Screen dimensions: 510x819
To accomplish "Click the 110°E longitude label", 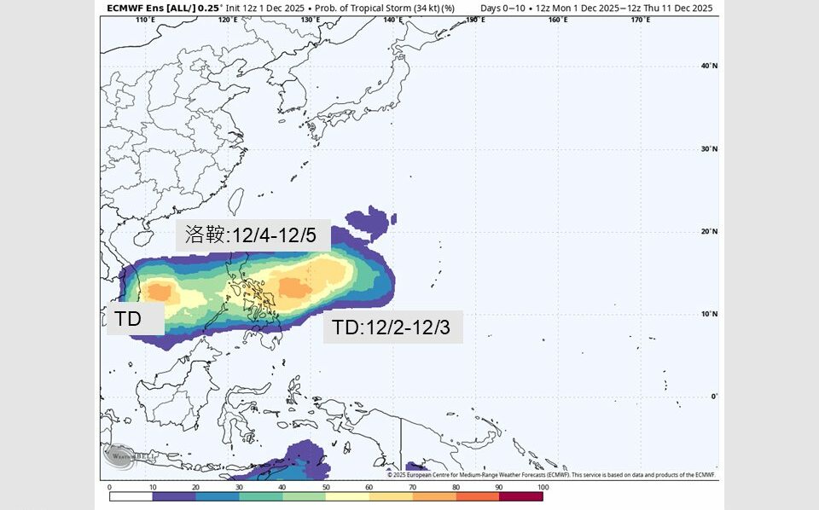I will [147, 20].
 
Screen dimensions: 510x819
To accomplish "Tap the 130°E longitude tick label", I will [311, 20].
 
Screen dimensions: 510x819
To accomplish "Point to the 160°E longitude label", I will [558, 20].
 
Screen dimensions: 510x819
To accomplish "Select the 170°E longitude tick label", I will [641, 20].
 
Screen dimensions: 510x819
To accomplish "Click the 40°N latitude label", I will [708, 66].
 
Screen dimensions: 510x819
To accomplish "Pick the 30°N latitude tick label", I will [708, 148].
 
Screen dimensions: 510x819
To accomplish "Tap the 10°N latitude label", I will [708, 314].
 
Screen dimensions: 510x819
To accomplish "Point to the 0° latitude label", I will [714, 397].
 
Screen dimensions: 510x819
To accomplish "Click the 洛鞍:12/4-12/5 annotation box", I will [253, 235].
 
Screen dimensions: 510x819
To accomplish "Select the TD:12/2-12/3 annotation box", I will [392, 327].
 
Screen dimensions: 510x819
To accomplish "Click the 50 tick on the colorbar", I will [326, 487].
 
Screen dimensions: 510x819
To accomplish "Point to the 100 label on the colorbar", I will [541, 487].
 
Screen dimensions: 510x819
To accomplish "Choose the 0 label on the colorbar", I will [110, 487].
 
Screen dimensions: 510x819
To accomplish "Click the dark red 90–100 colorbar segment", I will [520, 496].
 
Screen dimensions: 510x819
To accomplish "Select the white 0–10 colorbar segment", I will [131, 496].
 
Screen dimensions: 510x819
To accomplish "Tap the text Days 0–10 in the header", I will [502, 8].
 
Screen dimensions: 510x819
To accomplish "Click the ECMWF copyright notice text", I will [550, 475].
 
